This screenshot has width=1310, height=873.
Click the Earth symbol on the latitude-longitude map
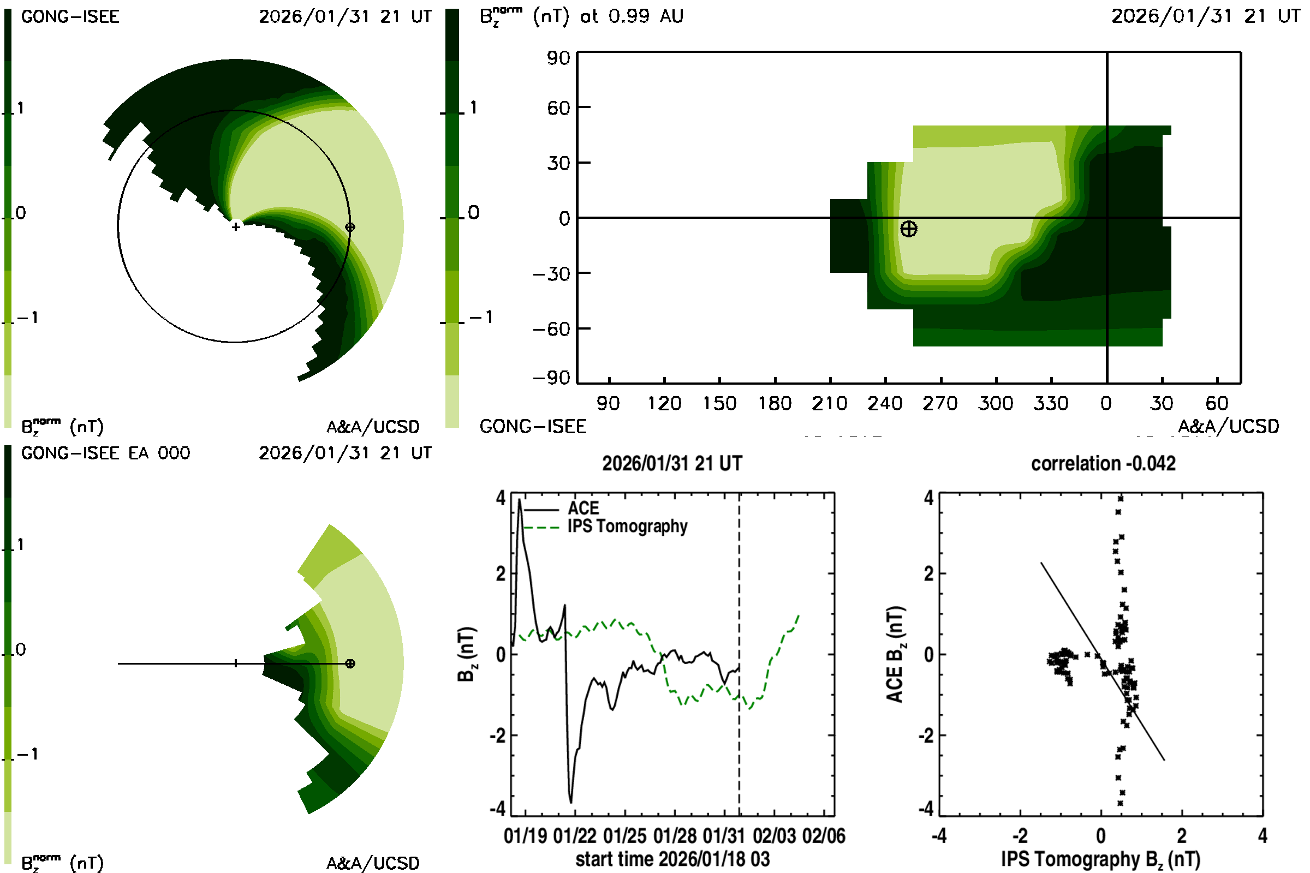908,229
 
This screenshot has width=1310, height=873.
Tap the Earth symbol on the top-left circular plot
350,227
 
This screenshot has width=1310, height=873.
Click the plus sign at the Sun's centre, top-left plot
236,226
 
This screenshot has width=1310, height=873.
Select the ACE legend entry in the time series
582,509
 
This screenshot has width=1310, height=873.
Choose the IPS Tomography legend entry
627,526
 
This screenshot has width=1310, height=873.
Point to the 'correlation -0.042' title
1103,464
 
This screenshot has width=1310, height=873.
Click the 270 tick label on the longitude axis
940,403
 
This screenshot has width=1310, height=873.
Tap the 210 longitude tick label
829,403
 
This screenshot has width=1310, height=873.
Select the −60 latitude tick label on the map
551,329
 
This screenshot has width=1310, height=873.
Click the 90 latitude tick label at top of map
558,58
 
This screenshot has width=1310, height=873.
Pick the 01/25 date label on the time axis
624,836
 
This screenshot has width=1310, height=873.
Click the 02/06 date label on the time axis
824,836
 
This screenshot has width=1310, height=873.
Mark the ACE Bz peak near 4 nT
520,500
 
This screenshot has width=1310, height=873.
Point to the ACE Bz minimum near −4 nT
571,802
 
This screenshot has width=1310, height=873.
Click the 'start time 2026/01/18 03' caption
672,859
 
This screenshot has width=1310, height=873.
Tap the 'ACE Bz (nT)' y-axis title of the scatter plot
895,654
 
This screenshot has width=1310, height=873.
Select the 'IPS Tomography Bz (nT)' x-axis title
1100,859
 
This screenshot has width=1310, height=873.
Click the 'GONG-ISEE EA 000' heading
105,453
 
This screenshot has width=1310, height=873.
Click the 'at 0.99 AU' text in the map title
632,16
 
